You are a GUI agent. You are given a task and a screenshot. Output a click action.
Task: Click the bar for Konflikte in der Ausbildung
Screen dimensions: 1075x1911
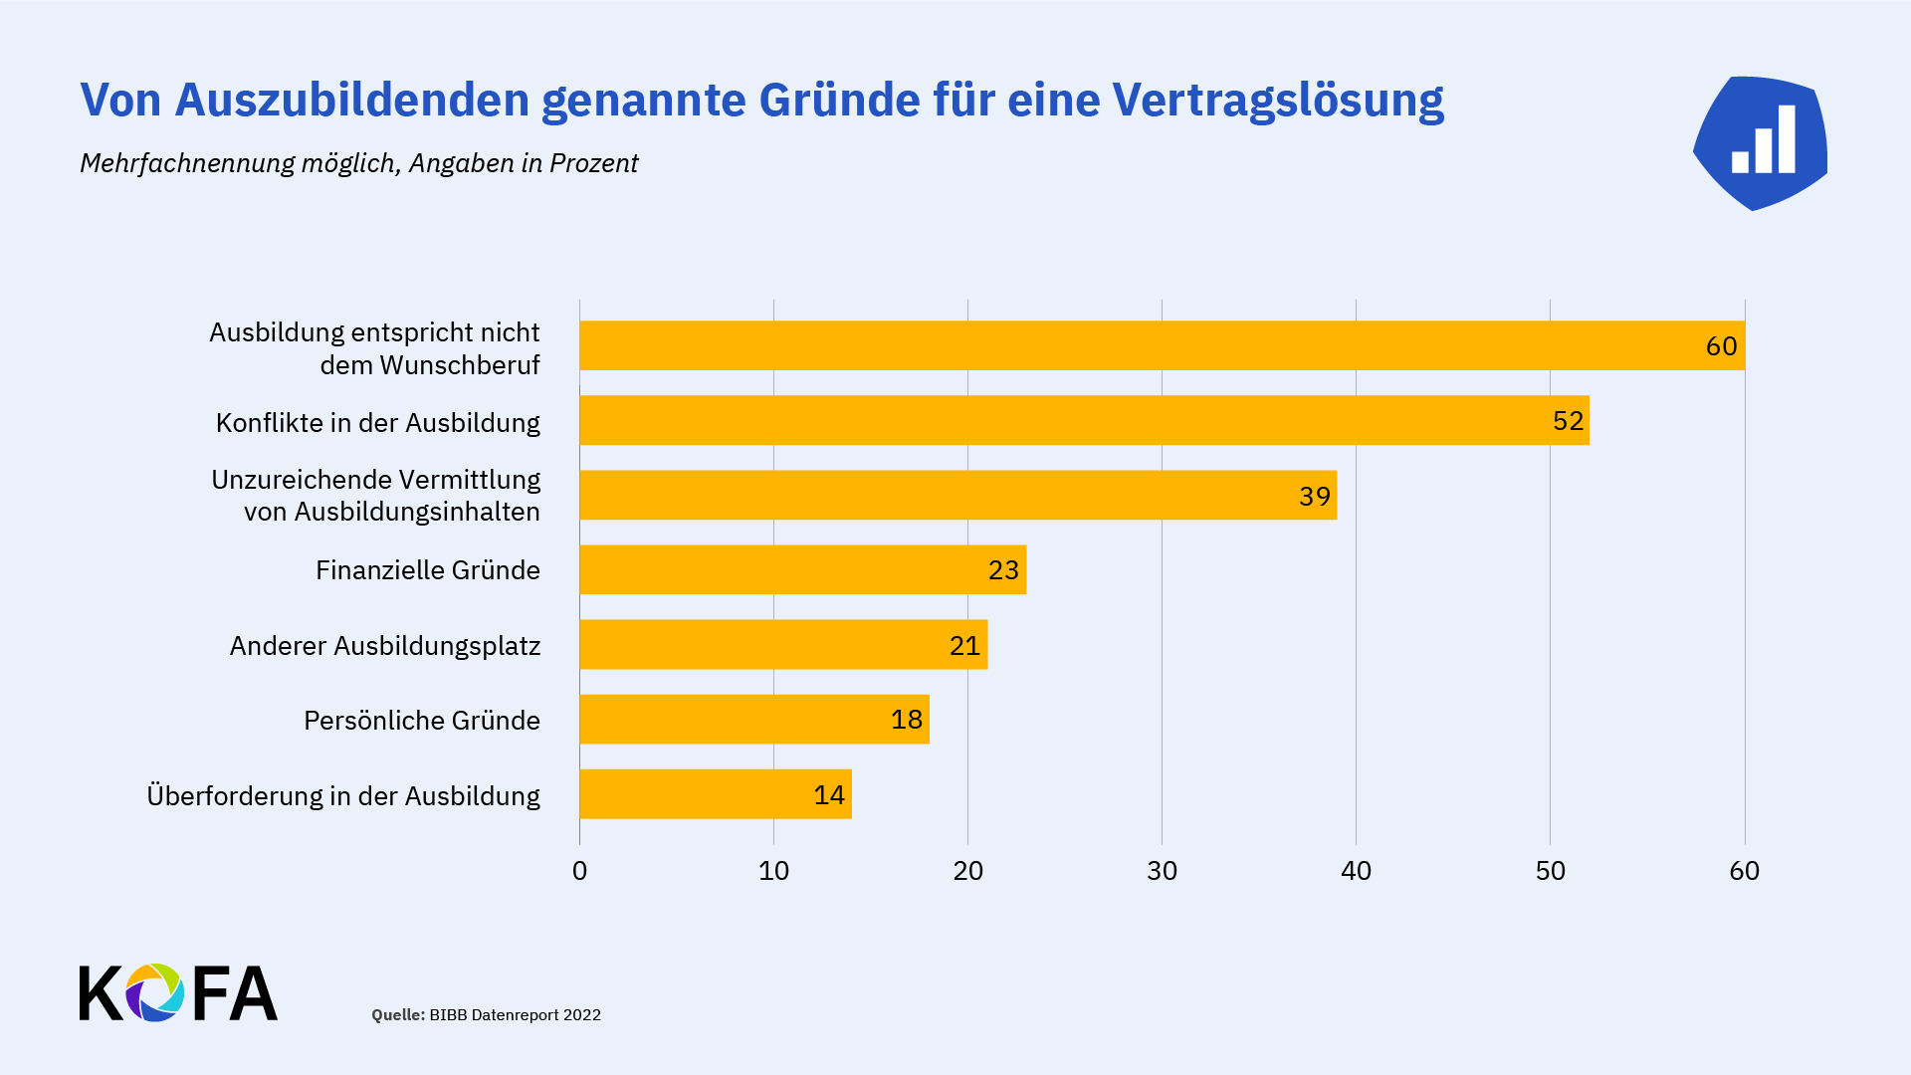click(x=1084, y=420)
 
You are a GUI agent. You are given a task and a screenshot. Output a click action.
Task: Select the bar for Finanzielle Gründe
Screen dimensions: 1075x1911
click(x=802, y=569)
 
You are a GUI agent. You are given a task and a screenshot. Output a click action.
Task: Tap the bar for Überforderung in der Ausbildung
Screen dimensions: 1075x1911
click(x=715, y=794)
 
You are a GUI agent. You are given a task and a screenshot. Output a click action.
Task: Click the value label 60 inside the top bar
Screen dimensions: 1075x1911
click(x=1721, y=346)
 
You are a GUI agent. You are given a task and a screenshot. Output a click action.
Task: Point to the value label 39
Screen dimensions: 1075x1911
click(x=1314, y=496)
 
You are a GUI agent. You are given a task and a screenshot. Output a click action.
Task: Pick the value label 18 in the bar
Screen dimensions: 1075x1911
click(x=906, y=720)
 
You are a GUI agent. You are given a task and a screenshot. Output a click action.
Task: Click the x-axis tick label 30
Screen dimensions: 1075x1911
click(x=1162, y=871)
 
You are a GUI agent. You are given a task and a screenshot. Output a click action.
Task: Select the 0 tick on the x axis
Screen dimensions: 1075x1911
click(x=579, y=871)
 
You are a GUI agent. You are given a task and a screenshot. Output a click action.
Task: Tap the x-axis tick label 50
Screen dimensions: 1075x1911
click(x=1550, y=871)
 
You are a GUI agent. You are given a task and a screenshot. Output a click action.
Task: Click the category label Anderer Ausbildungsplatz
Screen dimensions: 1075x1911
click(x=385, y=646)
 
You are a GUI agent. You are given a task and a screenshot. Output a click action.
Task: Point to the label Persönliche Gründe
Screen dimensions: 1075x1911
click(x=421, y=721)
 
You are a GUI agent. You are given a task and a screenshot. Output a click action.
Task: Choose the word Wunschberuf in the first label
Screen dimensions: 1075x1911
click(x=459, y=365)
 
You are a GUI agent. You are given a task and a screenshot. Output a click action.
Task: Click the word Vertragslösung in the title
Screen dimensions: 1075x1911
click(x=1277, y=101)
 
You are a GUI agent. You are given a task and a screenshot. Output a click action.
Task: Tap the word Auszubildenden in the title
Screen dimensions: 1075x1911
click(x=351, y=101)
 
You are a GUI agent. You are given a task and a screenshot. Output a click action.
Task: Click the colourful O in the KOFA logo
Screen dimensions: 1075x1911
click(x=154, y=992)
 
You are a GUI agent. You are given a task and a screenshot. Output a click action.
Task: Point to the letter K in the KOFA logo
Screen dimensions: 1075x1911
click(x=100, y=992)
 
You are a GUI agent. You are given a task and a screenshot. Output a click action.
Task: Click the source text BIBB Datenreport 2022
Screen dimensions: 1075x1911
click(x=515, y=1015)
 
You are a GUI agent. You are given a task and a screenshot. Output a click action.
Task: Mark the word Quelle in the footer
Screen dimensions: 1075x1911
click(x=397, y=1015)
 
